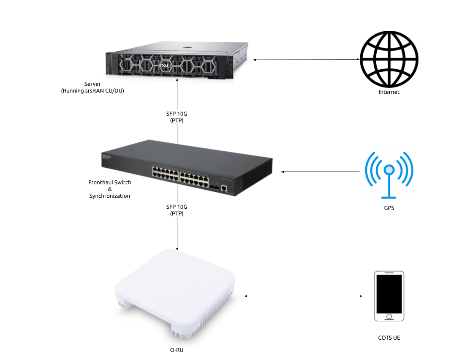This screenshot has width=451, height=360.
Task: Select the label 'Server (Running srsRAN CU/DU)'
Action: point(92,87)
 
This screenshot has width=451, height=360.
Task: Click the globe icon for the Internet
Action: point(389,59)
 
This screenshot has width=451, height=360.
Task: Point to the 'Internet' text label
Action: point(389,92)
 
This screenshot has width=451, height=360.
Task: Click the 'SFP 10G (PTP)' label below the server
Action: point(177,117)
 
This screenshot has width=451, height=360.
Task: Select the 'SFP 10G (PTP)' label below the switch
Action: point(177,210)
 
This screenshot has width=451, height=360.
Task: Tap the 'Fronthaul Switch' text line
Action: point(110,183)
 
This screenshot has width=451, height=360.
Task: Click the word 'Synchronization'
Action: point(110,196)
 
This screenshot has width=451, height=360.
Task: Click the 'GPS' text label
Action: point(389,208)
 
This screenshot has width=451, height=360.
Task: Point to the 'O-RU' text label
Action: point(177,350)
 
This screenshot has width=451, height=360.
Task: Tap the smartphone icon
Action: point(389,296)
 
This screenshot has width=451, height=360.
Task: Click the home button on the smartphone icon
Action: point(389,316)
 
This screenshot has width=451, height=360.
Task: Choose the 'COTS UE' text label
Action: point(389,338)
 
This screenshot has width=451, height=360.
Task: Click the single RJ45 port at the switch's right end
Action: point(224,188)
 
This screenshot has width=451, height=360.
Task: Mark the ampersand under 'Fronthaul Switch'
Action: point(110,189)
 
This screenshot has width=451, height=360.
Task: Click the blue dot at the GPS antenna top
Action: point(389,170)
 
